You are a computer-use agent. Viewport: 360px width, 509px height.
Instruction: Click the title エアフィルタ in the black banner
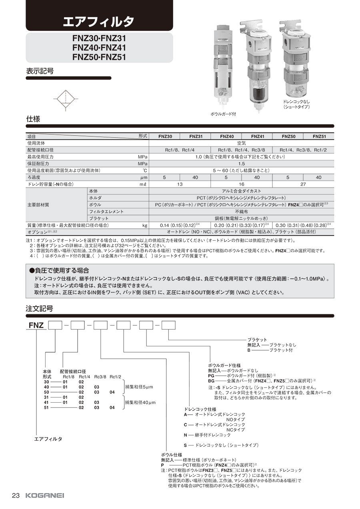(98, 22)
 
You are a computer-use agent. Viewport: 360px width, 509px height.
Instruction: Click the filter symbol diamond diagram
(66, 98)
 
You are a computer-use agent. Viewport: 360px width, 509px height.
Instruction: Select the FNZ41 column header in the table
(258, 136)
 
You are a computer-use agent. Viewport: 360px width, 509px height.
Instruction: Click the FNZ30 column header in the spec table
(165, 136)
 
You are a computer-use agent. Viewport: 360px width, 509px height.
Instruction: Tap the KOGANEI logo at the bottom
(44, 495)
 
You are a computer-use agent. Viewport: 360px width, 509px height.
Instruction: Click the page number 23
(16, 495)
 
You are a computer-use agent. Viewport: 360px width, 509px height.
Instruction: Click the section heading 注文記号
(40, 309)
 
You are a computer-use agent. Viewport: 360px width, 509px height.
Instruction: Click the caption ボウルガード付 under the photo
(223, 114)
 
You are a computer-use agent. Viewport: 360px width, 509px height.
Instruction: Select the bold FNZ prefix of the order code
(36, 326)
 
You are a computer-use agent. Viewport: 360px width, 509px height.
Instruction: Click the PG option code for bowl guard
(211, 376)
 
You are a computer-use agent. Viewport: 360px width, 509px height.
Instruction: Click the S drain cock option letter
(185, 445)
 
